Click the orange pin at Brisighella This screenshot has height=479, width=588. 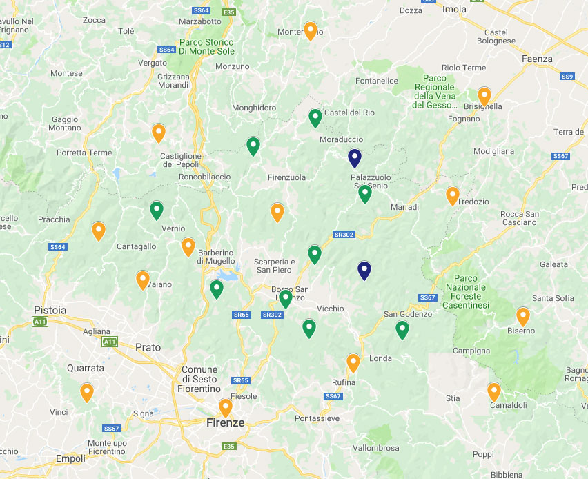coord(484,96)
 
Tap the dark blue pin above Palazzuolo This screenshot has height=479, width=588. coord(355,158)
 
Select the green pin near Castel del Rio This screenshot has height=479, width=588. coord(315,118)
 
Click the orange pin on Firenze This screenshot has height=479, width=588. coord(226,408)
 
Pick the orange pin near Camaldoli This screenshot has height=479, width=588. coord(494,391)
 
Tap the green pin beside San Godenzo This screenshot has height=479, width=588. coord(402,330)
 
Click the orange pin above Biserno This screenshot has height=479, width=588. coord(523,316)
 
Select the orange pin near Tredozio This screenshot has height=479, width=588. coord(453,196)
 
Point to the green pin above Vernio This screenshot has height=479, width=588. coord(157,210)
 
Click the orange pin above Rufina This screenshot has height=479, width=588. coord(353,362)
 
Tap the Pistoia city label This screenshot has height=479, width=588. coord(50,311)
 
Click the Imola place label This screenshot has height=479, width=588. coord(454,10)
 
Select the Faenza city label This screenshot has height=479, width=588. coord(537,59)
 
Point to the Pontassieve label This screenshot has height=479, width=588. coord(317,418)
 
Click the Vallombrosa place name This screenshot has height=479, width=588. coord(375,448)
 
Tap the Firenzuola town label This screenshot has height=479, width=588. coord(286,177)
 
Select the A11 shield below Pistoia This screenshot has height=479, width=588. coord(41,322)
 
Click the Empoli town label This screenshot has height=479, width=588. coord(70,459)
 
